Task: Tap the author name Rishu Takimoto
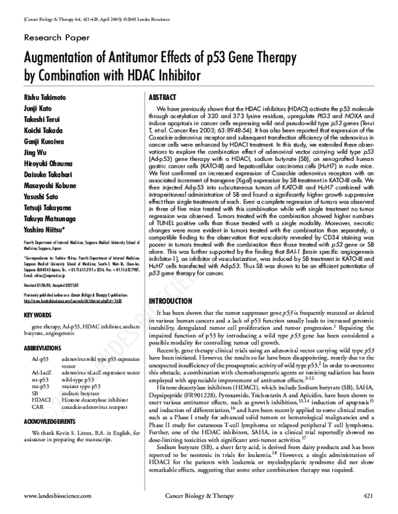(46, 97)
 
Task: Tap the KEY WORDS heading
(38, 314)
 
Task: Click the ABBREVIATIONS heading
(44, 346)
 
